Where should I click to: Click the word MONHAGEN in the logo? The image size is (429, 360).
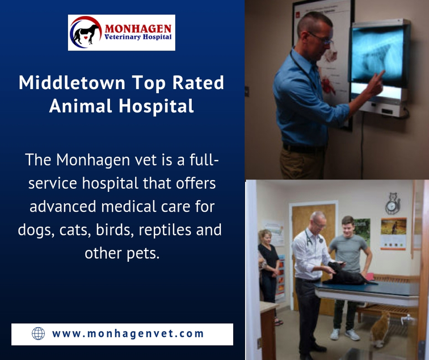[x=138, y=28]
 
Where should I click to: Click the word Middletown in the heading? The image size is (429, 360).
[x=72, y=82]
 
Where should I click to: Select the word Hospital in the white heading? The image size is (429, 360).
[x=157, y=106]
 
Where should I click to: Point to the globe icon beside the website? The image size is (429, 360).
[x=38, y=333]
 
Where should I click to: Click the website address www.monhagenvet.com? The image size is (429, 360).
[x=128, y=333]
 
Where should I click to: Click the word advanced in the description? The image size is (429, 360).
[x=63, y=206]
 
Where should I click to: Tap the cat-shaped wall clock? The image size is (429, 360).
[x=393, y=203]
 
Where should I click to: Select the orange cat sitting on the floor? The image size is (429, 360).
[x=380, y=329]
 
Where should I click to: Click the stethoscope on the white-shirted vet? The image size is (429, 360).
[x=313, y=237]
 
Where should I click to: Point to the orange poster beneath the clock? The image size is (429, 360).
[x=393, y=233]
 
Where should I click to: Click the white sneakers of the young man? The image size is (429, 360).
[x=345, y=334]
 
